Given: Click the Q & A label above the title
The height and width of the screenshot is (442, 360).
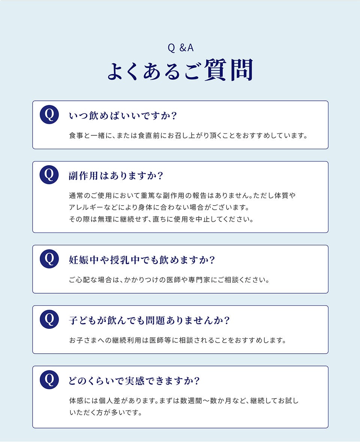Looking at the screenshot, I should (x=180, y=48).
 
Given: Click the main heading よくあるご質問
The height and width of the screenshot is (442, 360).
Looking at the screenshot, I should (x=180, y=70).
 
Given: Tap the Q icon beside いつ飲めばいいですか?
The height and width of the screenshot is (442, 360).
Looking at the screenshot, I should (x=49, y=114).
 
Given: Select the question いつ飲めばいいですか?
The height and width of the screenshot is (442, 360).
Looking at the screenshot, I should (x=123, y=116).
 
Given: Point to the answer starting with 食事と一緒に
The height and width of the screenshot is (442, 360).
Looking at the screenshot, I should (x=188, y=136).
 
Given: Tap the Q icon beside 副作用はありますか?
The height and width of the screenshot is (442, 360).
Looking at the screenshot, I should (x=49, y=175).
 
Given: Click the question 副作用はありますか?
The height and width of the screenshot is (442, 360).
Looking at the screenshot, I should (x=116, y=176).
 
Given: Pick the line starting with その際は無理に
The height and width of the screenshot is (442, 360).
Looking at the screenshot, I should (x=161, y=220).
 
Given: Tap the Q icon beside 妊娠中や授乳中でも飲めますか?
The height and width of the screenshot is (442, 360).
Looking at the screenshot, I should (x=49, y=258).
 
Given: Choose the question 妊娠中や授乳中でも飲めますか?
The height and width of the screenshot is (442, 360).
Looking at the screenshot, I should (x=142, y=260).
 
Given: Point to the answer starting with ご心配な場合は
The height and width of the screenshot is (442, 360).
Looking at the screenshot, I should (x=169, y=280).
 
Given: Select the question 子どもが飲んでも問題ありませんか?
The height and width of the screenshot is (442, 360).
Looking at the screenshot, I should (x=149, y=320).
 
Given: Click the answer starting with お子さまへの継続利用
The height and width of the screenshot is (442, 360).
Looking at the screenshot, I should (x=178, y=340).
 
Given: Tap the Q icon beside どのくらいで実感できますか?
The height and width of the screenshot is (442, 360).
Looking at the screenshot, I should (x=49, y=379).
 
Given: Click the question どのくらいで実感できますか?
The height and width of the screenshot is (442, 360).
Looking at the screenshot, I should (x=134, y=381).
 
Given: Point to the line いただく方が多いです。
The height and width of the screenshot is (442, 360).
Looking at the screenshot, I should (x=106, y=413).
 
